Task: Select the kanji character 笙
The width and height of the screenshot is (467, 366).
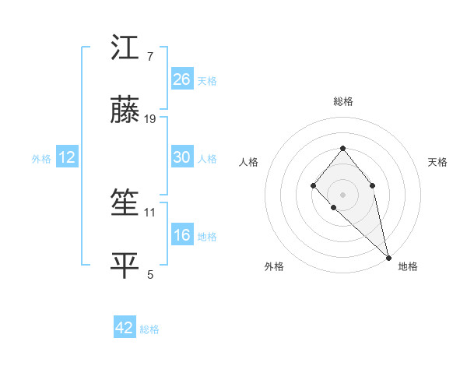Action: point(125,205)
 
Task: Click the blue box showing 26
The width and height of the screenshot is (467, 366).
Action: point(182,79)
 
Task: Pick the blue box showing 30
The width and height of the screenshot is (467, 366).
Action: point(182,157)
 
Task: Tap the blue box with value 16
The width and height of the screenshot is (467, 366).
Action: point(182,235)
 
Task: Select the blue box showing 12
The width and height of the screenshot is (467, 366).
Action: point(67,157)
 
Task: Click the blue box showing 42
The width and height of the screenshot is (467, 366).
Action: point(125,328)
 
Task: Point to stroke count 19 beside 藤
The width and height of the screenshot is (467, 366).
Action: point(151,119)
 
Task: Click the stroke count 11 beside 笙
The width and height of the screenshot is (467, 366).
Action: point(150,212)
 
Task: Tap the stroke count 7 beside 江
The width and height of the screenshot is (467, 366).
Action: point(150,57)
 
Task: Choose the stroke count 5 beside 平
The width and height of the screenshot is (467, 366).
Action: point(150,274)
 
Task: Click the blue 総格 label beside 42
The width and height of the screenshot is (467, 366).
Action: point(149,329)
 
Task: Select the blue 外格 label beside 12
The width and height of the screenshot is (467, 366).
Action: point(41,159)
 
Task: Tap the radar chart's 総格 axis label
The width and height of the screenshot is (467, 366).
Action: point(342,101)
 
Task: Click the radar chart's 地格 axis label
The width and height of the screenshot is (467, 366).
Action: point(408,266)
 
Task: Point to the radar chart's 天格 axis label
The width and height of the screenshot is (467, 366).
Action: point(437,162)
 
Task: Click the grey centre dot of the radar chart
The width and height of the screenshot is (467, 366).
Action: point(342,194)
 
